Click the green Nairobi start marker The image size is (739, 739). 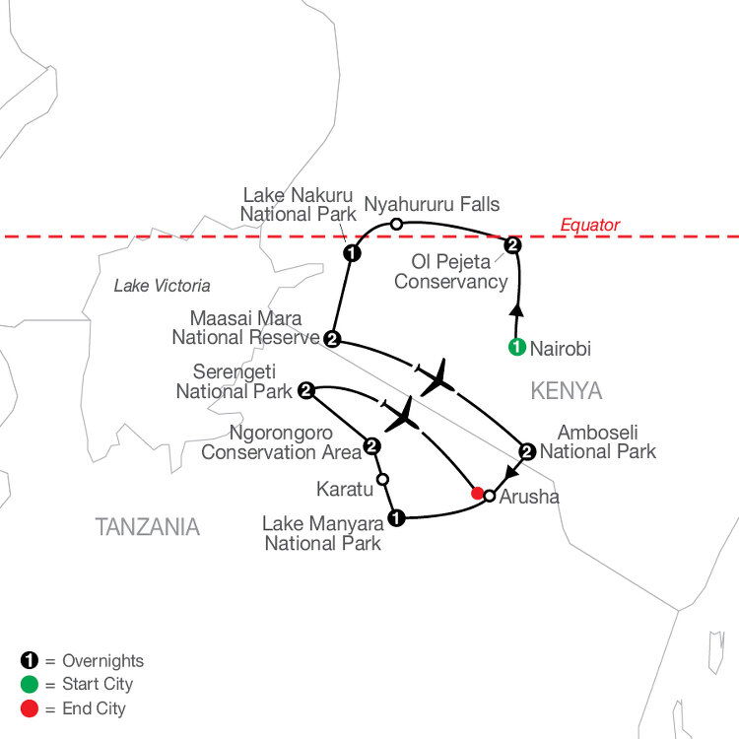tap(517, 347)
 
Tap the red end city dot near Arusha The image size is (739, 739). tap(478, 494)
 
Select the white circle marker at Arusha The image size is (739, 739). tap(490, 496)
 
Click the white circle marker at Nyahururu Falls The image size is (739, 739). tap(397, 224)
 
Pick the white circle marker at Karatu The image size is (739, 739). tap(383, 479)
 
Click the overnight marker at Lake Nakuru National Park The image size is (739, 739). tap(352, 253)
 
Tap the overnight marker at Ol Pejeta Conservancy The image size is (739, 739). tap(512, 245)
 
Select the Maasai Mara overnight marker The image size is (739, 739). tap(332, 339)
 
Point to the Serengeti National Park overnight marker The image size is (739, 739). tap(306, 390)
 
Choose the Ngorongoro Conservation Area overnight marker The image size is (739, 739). tap(372, 445)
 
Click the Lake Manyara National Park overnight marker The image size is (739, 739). tap(396, 518)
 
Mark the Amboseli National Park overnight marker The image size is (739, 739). tap(527, 451)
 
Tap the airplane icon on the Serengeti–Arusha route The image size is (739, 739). tap(402, 415)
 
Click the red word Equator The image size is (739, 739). tap(589, 226)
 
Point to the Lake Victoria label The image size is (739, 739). tap(163, 286)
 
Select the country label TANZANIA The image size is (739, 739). tap(148, 527)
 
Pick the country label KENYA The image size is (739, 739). tap(567, 391)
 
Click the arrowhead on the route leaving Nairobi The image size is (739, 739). tap(517, 310)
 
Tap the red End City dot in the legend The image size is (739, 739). tap(30, 708)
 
